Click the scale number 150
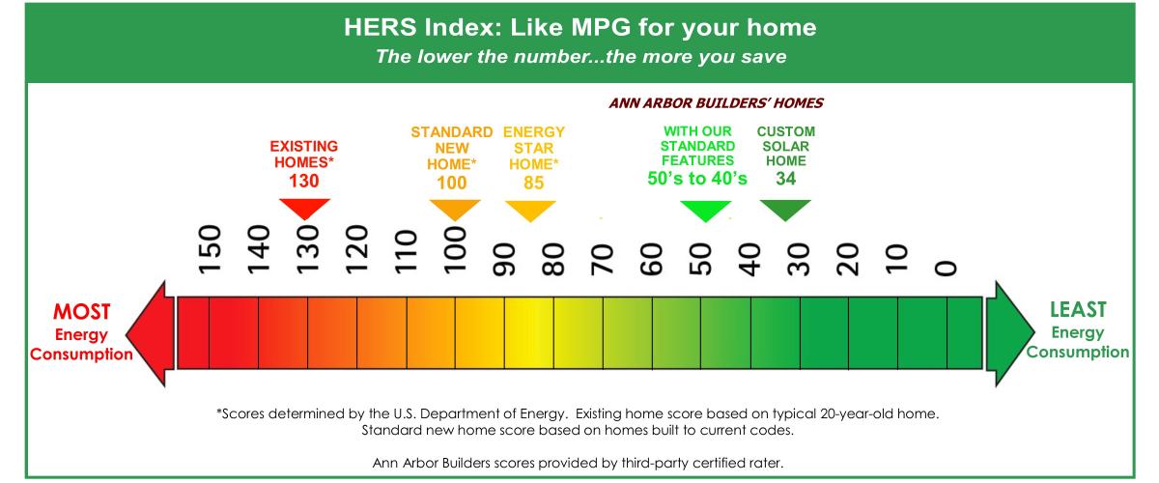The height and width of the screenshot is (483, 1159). coord(211,249)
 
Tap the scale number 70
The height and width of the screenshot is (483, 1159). coord(603,259)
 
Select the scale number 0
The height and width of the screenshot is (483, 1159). coord(947,269)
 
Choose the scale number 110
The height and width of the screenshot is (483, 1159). coord(406,251)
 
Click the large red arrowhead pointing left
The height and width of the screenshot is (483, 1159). coord(150,334)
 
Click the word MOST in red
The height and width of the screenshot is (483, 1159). coord(82,312)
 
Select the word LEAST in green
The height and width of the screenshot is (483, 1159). coord(1078,309)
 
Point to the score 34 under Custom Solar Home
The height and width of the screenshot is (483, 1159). coord(785,179)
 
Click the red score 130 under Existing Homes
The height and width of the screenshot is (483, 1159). coord(303,182)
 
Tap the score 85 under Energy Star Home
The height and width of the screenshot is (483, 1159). coord(533,183)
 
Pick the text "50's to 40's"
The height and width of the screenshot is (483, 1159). coord(697,179)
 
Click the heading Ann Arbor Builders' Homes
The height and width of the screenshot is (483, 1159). coord(716,103)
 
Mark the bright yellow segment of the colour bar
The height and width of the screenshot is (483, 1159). coord(529,333)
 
